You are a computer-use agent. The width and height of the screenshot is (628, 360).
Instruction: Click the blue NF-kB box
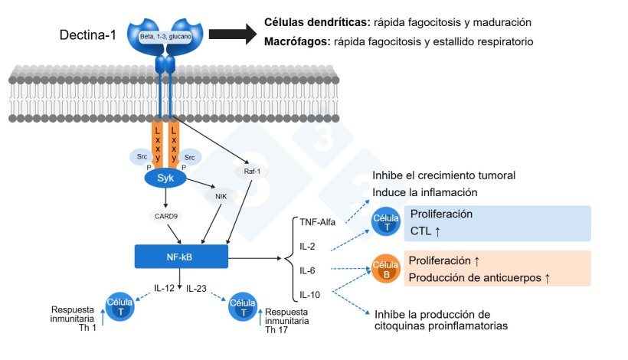(181, 257)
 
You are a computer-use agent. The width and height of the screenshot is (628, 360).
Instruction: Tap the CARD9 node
(166, 216)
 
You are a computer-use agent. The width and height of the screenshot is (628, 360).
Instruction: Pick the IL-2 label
(308, 247)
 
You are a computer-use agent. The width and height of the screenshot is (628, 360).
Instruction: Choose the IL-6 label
(308, 270)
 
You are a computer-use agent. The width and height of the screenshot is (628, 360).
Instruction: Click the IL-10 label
(309, 294)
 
